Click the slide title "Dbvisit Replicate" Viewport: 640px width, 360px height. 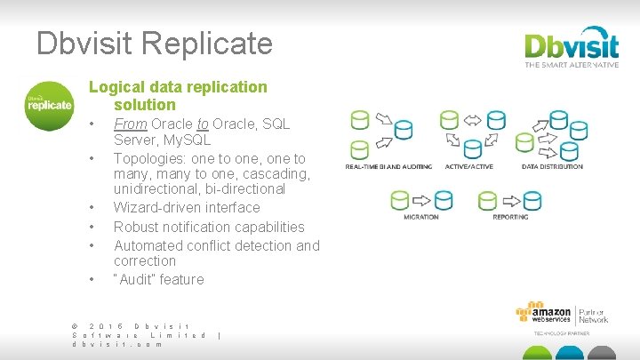click(x=155, y=43)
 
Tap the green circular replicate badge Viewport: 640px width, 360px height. click(x=49, y=105)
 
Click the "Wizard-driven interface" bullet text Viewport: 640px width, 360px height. click(x=187, y=207)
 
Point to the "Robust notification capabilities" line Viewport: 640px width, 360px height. click(x=209, y=227)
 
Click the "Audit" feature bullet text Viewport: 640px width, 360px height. click(x=159, y=279)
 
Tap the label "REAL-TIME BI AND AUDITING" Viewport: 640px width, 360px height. click(x=388, y=166)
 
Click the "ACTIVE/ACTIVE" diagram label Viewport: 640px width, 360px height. click(x=470, y=166)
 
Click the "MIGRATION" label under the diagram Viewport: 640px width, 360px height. click(x=420, y=216)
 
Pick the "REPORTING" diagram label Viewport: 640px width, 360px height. click(x=510, y=216)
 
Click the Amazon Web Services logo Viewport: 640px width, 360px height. click(x=543, y=316)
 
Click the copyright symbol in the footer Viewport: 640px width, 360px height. click(x=75, y=325)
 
